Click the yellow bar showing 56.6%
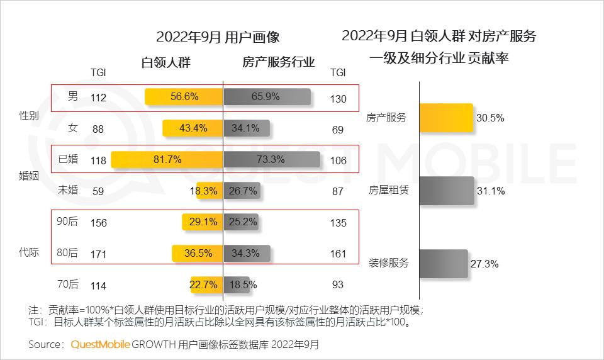coord(184,96)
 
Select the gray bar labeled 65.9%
coord(267,96)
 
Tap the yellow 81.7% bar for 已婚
coord(167,160)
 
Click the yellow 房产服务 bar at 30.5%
coord(446,118)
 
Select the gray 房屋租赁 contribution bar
coord(447,190)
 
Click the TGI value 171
coord(99,254)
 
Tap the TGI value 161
coord(338,254)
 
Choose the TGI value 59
coord(99,190)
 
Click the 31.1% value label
coord(491,191)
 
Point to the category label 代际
coord(30,253)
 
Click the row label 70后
coord(68,284)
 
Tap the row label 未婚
coord(68,189)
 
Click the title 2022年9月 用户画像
coord(218,36)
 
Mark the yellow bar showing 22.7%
coord(207,285)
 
